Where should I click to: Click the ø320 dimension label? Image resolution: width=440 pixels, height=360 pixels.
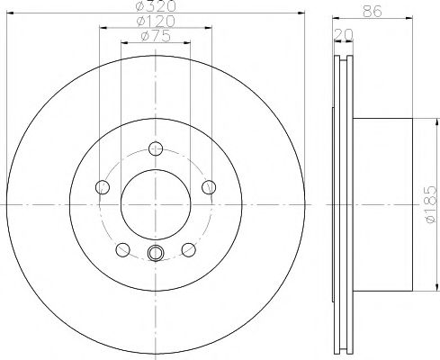(x=156, y=6)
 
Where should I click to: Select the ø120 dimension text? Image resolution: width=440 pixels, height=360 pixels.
(x=156, y=22)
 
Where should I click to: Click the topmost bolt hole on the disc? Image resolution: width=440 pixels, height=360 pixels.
(x=156, y=149)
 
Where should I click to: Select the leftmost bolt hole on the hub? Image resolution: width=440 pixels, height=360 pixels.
(x=102, y=187)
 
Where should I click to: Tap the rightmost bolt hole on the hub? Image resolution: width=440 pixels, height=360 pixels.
(x=210, y=187)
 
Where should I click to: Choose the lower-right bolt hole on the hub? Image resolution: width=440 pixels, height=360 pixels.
(x=189, y=250)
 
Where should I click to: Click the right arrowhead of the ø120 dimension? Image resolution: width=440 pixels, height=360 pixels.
(x=211, y=29)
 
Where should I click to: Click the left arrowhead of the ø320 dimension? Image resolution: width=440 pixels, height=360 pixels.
(x=8, y=13)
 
